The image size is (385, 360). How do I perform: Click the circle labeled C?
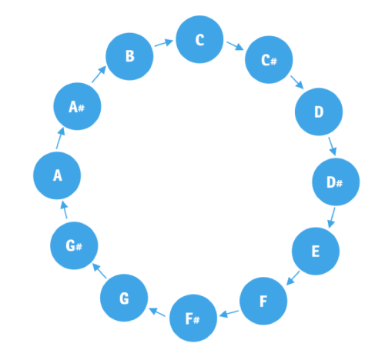pos(199,39)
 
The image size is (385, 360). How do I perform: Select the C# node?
pos(269,59)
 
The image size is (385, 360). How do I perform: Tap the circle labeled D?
pos(318,112)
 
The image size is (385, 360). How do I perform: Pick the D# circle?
pos(335,182)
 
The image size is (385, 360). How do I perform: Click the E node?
pos(315,252)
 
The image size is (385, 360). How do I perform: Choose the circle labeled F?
pos(263,301)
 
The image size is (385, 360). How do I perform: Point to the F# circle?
pos(193,318)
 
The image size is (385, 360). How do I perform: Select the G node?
pos(124,298)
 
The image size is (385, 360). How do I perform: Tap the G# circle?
pos(75,246)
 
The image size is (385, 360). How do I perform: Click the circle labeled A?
pos(57,176)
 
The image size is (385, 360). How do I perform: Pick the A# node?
pos(77,107)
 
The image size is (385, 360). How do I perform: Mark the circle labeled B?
pos(129,56)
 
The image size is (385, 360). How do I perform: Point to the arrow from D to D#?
pos(333,145)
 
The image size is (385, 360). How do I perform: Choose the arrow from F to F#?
pos(228,312)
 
